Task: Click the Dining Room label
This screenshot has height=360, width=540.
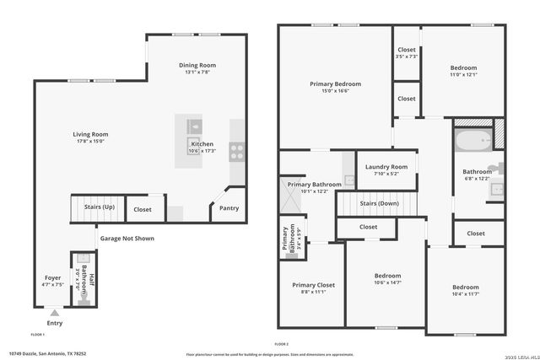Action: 197,65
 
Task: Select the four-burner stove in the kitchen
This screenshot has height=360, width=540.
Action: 237,152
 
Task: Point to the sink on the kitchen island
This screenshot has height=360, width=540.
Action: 193,126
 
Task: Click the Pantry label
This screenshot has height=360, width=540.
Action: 229,208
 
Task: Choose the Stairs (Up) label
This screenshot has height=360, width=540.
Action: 99,207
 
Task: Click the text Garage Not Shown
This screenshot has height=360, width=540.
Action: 127,239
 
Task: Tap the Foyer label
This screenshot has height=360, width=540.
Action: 53,277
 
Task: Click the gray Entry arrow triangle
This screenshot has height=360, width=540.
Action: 54,313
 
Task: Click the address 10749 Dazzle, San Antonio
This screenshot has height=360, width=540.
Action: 47,354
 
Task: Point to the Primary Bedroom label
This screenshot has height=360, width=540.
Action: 335,83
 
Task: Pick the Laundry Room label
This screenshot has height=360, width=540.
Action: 386,167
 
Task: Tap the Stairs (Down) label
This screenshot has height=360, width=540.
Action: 379,203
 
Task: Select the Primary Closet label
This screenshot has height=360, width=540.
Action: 314,285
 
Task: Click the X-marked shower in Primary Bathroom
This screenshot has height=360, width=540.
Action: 291,196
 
